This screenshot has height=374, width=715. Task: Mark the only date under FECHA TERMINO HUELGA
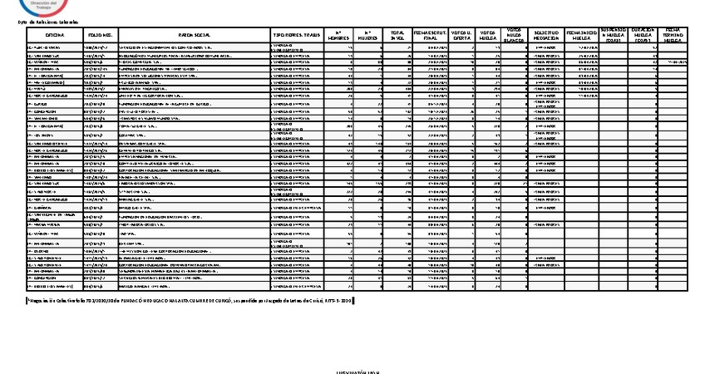point(675,62)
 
